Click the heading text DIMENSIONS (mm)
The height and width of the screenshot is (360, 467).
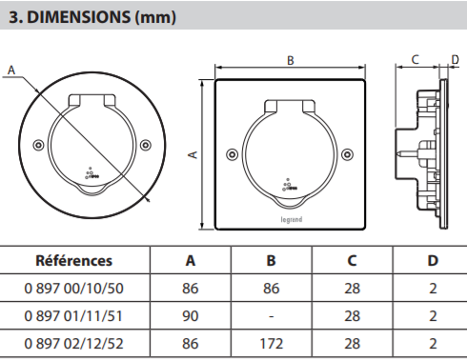(101, 17)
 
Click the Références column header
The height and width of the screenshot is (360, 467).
(74, 261)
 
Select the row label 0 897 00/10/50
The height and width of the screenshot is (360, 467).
(73, 289)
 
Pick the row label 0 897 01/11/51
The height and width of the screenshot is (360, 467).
(73, 316)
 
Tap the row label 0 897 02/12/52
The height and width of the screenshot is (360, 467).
(73, 344)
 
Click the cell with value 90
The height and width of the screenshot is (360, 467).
(191, 316)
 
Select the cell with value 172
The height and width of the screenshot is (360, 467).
(272, 344)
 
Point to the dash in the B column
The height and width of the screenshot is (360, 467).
(272, 316)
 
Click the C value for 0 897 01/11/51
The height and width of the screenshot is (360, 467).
(352, 316)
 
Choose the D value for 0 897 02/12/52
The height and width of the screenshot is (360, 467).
(433, 344)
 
